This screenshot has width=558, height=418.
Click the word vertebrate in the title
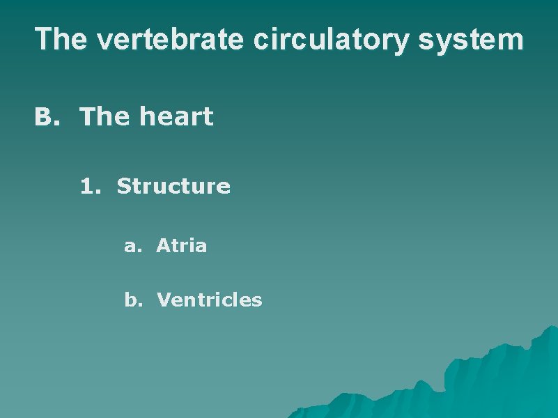tap(171, 40)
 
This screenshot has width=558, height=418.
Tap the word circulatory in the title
tap(330, 40)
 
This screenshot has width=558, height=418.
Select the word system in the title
tap(470, 40)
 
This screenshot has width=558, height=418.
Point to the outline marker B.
tap(45, 117)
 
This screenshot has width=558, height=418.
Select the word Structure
tap(173, 186)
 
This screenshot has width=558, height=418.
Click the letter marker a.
tap(130, 246)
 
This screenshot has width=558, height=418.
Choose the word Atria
tap(181, 245)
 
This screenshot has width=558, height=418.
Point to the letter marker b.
tap(130, 300)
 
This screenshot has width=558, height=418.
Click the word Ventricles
tap(209, 300)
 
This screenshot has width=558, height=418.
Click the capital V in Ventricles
tap(163, 300)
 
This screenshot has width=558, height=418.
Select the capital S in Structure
tap(123, 186)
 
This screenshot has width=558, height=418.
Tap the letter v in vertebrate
tap(104, 42)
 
